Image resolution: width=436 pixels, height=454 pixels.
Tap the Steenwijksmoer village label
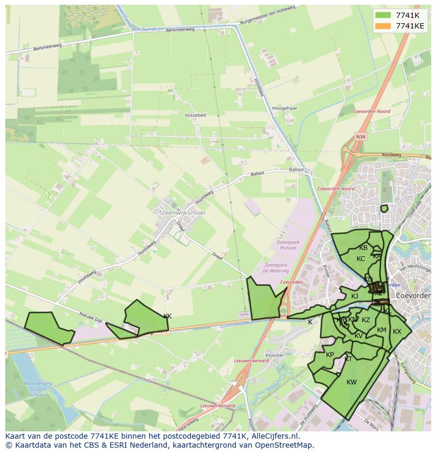pos(182,212)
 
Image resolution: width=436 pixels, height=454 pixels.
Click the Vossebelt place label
pos(196,114)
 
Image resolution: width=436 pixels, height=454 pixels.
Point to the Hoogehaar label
pos(285,108)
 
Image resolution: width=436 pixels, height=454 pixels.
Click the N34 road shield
pos(360,137)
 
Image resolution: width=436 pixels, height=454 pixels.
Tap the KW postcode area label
pos(352,382)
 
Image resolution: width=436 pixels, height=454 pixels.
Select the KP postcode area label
pos(330,355)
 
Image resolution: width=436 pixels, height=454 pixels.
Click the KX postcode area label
pos(397,332)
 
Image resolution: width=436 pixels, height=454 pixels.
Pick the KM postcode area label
pos(382,331)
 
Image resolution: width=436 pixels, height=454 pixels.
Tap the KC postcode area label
pos(361,259)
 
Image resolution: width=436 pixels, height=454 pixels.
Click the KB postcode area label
pos(363,248)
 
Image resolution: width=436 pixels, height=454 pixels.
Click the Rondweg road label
pos(391,156)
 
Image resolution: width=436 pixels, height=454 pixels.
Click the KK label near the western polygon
pos(167,316)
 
